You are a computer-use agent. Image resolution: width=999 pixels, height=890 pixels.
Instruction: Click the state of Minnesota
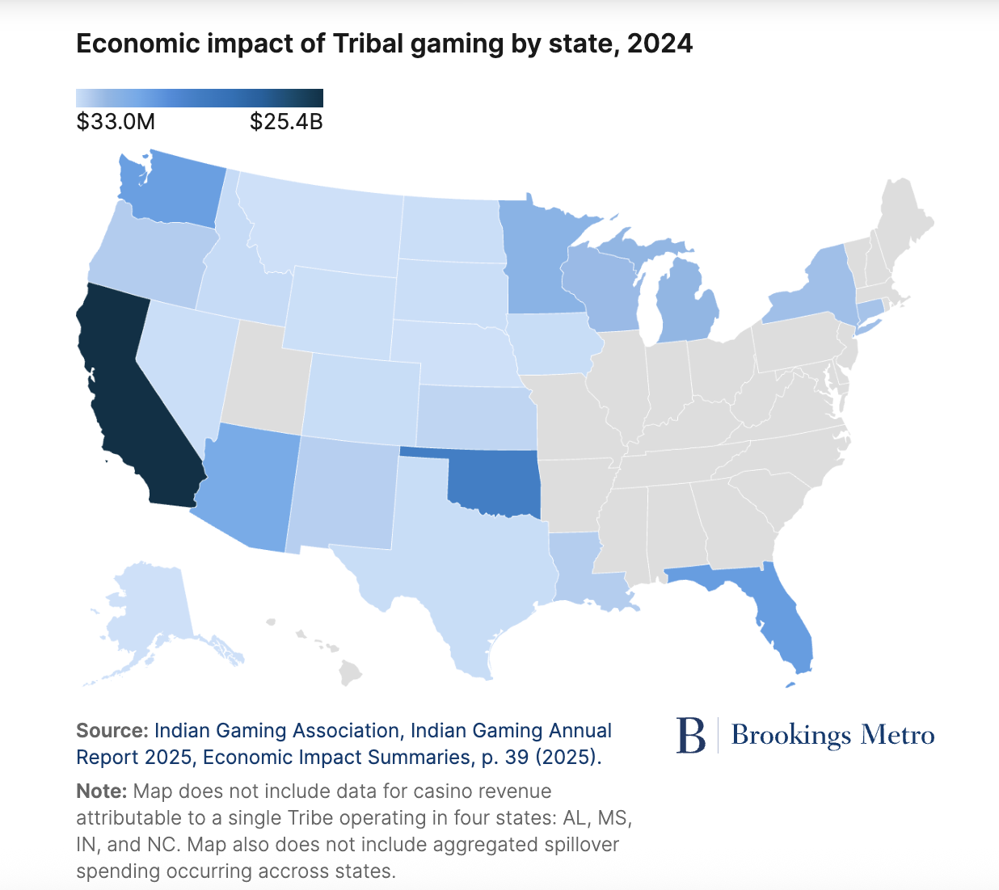coord(537,258)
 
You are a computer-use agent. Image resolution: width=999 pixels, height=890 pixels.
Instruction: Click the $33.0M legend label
coord(116,122)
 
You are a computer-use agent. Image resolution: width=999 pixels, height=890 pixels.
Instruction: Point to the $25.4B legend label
coord(286,122)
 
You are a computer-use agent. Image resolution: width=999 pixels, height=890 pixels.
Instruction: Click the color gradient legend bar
coord(200,98)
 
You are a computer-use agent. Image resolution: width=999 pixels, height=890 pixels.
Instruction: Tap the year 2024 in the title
coord(660,44)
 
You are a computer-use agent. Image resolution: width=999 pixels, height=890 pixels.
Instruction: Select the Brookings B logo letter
coord(691,735)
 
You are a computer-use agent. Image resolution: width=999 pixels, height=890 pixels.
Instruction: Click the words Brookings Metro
coord(832,735)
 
